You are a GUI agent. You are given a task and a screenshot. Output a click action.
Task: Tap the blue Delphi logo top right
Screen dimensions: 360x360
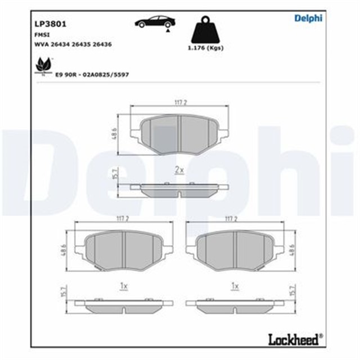pyautogui.click(x=308, y=19)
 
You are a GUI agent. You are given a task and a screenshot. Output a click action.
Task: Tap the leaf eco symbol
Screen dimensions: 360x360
pyautogui.click(x=42, y=66)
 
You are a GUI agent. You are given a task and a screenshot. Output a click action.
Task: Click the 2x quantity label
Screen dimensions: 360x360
pyautogui.click(x=179, y=169)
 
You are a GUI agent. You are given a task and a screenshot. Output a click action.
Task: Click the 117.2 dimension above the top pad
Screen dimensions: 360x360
pyautogui.click(x=180, y=102)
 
